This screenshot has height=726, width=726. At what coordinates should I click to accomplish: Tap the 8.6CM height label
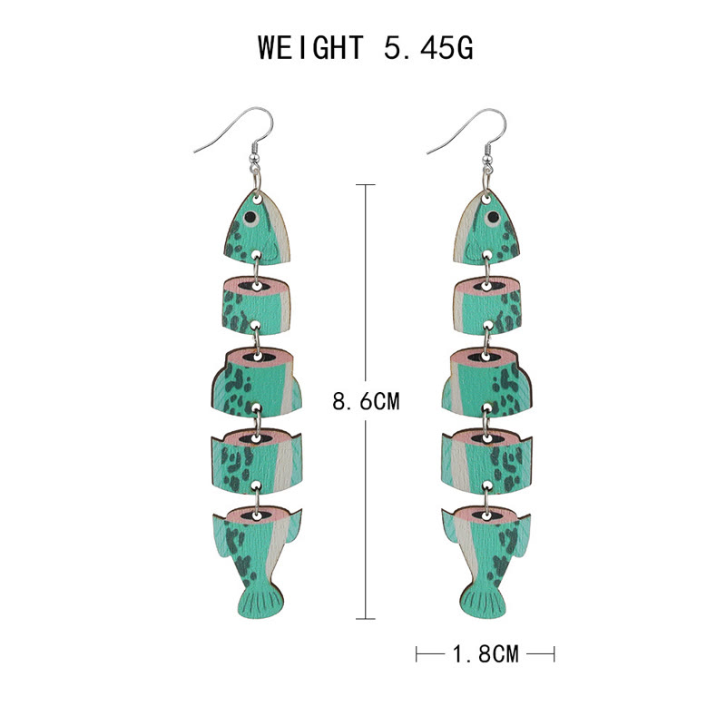click(366, 401)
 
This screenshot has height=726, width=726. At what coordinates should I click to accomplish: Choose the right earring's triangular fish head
click(489, 227)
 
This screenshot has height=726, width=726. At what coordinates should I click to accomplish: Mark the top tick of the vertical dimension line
click(365, 186)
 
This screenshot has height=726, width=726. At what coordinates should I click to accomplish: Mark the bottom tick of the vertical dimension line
click(365, 617)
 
